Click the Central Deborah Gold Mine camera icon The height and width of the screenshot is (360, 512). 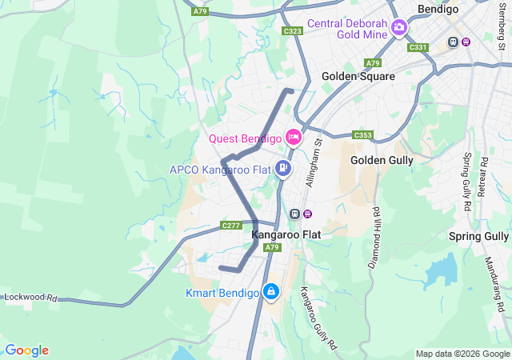coord(398,30)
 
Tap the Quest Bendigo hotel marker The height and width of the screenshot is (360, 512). coord(293,138)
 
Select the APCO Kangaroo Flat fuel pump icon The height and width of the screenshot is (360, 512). coord(282,168)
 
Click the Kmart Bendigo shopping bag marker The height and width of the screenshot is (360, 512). coord(272,292)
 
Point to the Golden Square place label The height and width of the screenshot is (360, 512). coord(358,76)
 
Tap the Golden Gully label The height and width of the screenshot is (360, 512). coord(382,160)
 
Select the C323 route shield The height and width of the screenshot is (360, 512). coord(292,31)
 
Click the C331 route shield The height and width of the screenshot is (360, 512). coord(418,48)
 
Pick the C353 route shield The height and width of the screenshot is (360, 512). coord(362,135)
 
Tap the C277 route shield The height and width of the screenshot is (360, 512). coord(231,226)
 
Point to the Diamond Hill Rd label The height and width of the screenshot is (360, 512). coord(374,238)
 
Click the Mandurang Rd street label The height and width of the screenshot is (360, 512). coord(494,284)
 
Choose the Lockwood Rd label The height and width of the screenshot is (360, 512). coord(31,297)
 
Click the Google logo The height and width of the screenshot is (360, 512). coord(26,350)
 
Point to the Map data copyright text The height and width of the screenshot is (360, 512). coord(462,354)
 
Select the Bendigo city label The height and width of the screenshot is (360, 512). coord(437,10)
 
